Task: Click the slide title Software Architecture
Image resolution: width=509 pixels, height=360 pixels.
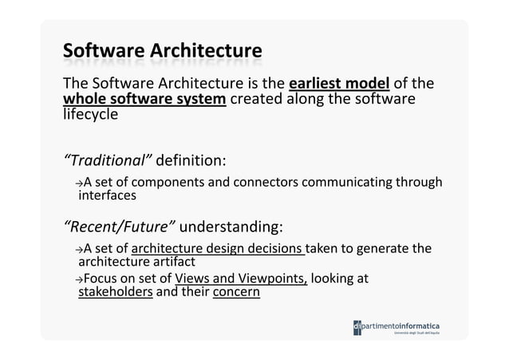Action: pyautogui.click(x=162, y=53)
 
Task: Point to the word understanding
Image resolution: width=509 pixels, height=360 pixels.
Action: pyautogui.click(x=233, y=221)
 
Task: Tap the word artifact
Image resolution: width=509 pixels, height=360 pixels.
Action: pyautogui.click(x=168, y=262)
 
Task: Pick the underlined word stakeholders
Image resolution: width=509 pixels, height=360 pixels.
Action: pyautogui.click(x=115, y=292)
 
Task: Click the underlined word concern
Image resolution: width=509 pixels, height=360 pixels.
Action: pyautogui.click(x=235, y=292)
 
